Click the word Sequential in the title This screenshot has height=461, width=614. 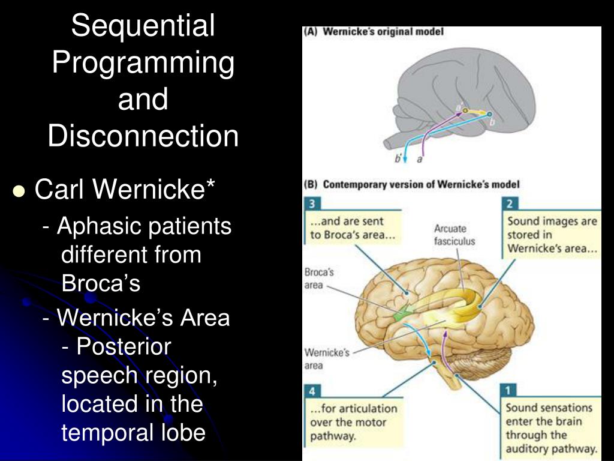(x=143, y=26)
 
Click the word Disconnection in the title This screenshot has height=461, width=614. (x=143, y=136)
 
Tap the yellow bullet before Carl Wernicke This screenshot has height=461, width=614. (x=19, y=191)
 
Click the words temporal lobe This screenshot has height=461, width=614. (x=133, y=433)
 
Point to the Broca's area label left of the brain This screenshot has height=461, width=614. (x=319, y=278)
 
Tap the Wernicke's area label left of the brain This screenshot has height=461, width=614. (x=326, y=359)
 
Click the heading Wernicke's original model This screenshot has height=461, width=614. (x=383, y=32)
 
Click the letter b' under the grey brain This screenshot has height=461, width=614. (x=398, y=160)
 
